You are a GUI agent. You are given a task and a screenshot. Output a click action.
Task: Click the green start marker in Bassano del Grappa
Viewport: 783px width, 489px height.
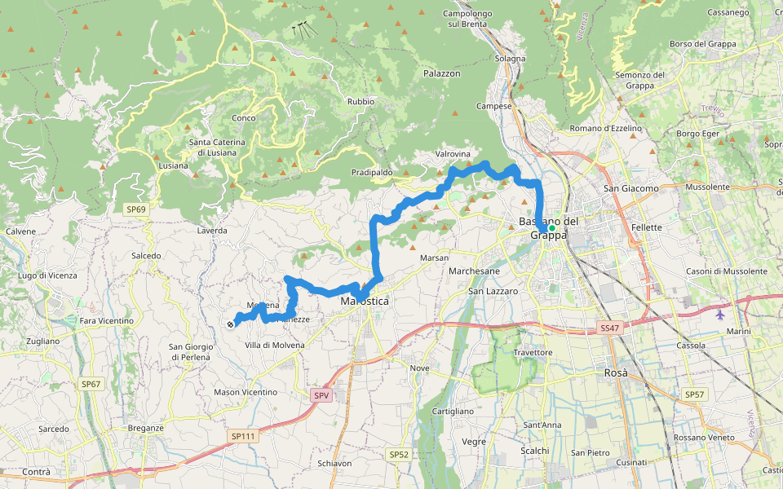point(552,228)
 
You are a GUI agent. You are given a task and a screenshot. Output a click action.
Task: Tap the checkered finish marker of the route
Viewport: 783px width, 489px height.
point(231,324)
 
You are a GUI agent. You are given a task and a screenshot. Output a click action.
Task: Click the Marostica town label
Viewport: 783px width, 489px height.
point(365,302)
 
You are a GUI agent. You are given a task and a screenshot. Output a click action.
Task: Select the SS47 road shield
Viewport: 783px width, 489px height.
point(610,328)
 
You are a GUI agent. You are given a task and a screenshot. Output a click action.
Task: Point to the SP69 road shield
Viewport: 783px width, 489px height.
point(136,209)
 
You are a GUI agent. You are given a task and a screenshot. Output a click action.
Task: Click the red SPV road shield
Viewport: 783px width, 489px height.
point(322,395)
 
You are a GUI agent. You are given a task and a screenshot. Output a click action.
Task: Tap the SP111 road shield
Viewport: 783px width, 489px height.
point(243,436)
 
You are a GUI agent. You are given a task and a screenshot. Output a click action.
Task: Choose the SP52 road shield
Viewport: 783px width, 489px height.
point(398,454)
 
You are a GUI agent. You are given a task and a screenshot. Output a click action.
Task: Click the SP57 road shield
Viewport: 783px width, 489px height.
point(694,394)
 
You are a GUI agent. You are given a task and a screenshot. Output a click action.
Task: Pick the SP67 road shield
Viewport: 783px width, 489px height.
point(91,383)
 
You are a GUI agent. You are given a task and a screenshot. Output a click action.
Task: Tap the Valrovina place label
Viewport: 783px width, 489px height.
point(453,153)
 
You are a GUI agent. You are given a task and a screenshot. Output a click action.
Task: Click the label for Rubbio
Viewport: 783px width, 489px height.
point(361,102)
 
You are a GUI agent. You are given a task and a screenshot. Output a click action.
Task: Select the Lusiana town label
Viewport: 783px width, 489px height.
point(173,165)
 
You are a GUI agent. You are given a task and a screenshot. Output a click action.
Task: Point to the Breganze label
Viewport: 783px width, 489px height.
point(146,428)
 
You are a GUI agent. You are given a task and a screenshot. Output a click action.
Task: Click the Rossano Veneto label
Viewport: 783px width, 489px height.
point(704,438)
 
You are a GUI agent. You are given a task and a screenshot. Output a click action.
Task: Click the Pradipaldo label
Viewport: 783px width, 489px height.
point(372,173)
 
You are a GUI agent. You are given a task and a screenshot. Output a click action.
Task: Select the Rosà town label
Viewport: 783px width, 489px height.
point(616,372)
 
